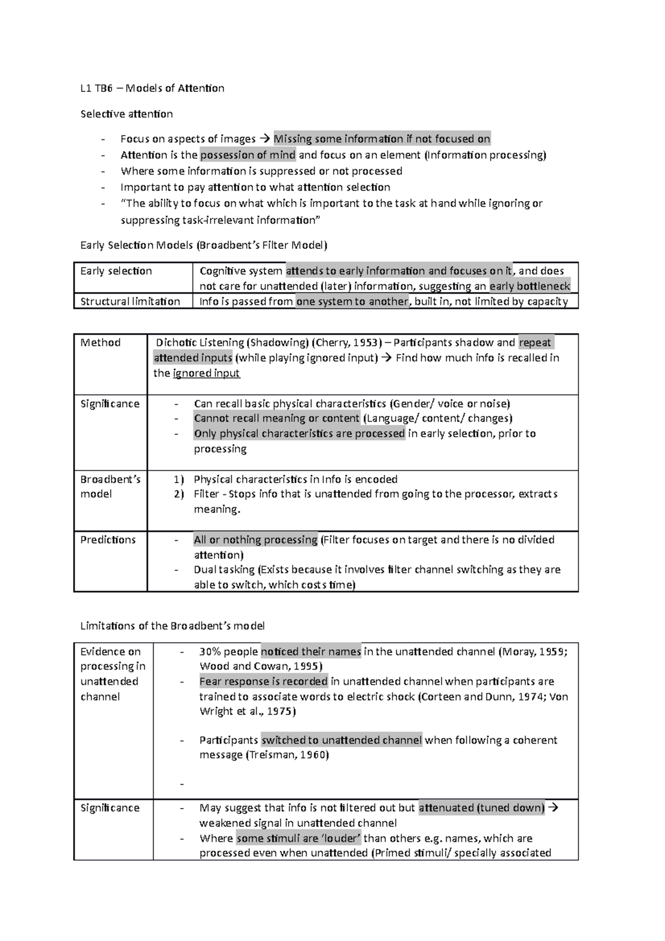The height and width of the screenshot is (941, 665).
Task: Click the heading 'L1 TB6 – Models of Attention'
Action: pyautogui.click(x=152, y=88)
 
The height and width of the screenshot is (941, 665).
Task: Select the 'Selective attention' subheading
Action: pyautogui.click(x=126, y=114)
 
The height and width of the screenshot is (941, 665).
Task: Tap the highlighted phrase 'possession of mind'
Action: pyautogui.click(x=248, y=155)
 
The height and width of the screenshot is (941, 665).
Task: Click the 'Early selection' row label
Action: pyautogui.click(x=116, y=271)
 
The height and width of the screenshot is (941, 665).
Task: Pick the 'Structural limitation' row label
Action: pyautogui.click(x=130, y=301)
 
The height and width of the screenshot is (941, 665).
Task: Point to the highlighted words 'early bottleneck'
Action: pyautogui.click(x=529, y=287)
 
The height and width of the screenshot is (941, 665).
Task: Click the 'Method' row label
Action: pyautogui.click(x=100, y=342)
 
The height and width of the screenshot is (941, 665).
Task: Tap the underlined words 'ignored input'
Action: pyautogui.click(x=206, y=373)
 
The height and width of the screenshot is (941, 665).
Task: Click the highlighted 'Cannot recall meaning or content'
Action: pyautogui.click(x=277, y=418)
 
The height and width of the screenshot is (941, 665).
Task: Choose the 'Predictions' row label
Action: pyautogui.click(x=108, y=540)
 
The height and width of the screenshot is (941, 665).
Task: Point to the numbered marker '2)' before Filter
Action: pyautogui.click(x=178, y=494)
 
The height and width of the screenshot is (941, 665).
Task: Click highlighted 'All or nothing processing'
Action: pyautogui.click(x=255, y=540)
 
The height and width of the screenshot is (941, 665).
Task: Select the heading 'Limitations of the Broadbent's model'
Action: pyautogui.click(x=172, y=626)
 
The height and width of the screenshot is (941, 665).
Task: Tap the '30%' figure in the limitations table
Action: pyautogui.click(x=211, y=652)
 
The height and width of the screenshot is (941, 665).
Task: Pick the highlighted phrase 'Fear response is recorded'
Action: pyautogui.click(x=263, y=682)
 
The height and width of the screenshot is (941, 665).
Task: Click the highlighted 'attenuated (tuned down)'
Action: pyautogui.click(x=482, y=808)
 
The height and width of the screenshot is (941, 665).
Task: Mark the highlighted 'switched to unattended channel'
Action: pyautogui.click(x=341, y=740)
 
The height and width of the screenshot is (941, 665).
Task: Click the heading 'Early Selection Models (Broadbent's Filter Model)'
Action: pyautogui.click(x=204, y=246)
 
